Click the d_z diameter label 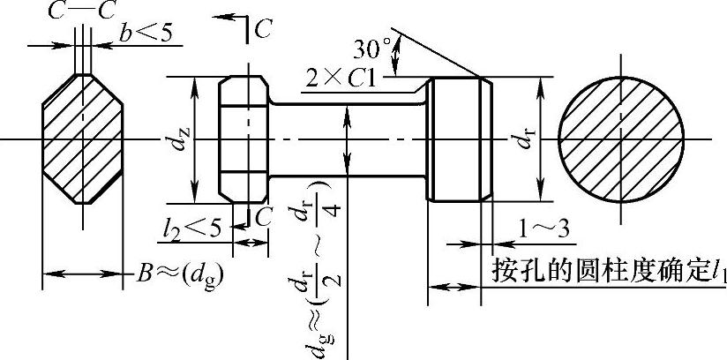(181, 138)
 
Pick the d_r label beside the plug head (523, 138)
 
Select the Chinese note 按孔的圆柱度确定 (600, 270)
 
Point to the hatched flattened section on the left (82, 139)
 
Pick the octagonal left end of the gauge (244, 138)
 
